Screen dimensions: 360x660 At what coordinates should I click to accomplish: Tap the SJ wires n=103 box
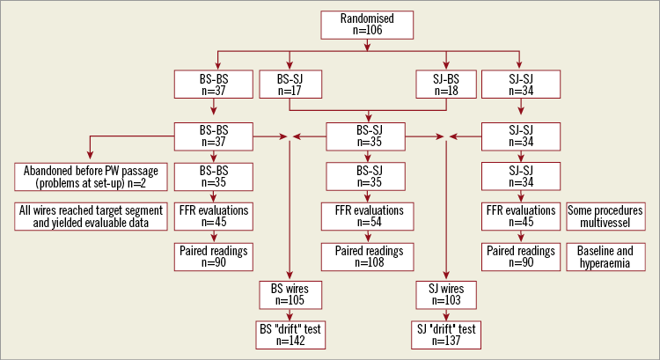pos(446,294)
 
